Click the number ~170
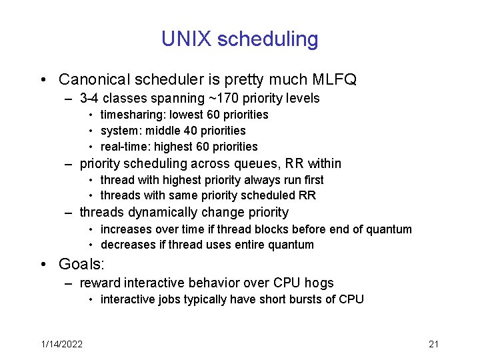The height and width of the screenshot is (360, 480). (x=224, y=99)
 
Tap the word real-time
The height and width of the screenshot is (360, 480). (x=122, y=147)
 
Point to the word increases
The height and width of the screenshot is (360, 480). (x=125, y=229)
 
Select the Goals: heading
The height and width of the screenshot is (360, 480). (x=82, y=264)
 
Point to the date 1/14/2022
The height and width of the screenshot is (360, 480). (x=61, y=344)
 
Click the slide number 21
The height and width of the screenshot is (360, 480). (x=433, y=344)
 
